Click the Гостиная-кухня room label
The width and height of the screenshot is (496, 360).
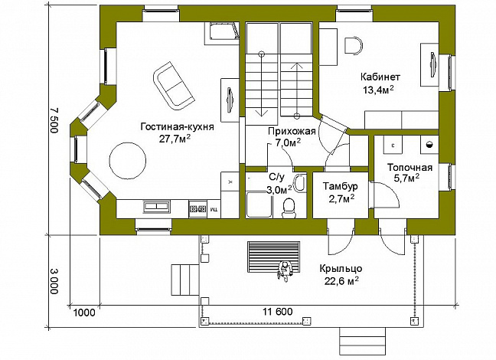(177, 127)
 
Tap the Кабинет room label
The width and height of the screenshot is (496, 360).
(380, 77)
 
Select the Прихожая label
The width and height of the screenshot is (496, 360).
(292, 131)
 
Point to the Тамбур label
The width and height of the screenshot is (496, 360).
(341, 186)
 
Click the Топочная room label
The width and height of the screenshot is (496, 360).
(410, 167)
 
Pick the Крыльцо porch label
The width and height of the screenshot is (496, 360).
(341, 269)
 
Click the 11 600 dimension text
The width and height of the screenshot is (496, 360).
(277, 312)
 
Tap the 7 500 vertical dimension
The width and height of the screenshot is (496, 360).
(54, 120)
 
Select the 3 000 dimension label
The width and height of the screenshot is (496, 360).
(54, 281)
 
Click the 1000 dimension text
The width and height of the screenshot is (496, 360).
(84, 313)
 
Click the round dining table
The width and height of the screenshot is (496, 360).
(128, 161)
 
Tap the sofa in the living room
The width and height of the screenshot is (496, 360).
(173, 86)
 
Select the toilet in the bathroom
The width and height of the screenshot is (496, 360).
(289, 208)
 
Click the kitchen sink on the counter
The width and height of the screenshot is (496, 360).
(156, 207)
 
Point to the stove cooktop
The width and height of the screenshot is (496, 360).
(197, 208)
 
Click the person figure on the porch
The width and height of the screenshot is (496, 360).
(285, 270)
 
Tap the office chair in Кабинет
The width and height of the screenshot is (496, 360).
(354, 46)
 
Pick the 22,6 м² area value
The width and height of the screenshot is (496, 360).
(341, 281)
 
